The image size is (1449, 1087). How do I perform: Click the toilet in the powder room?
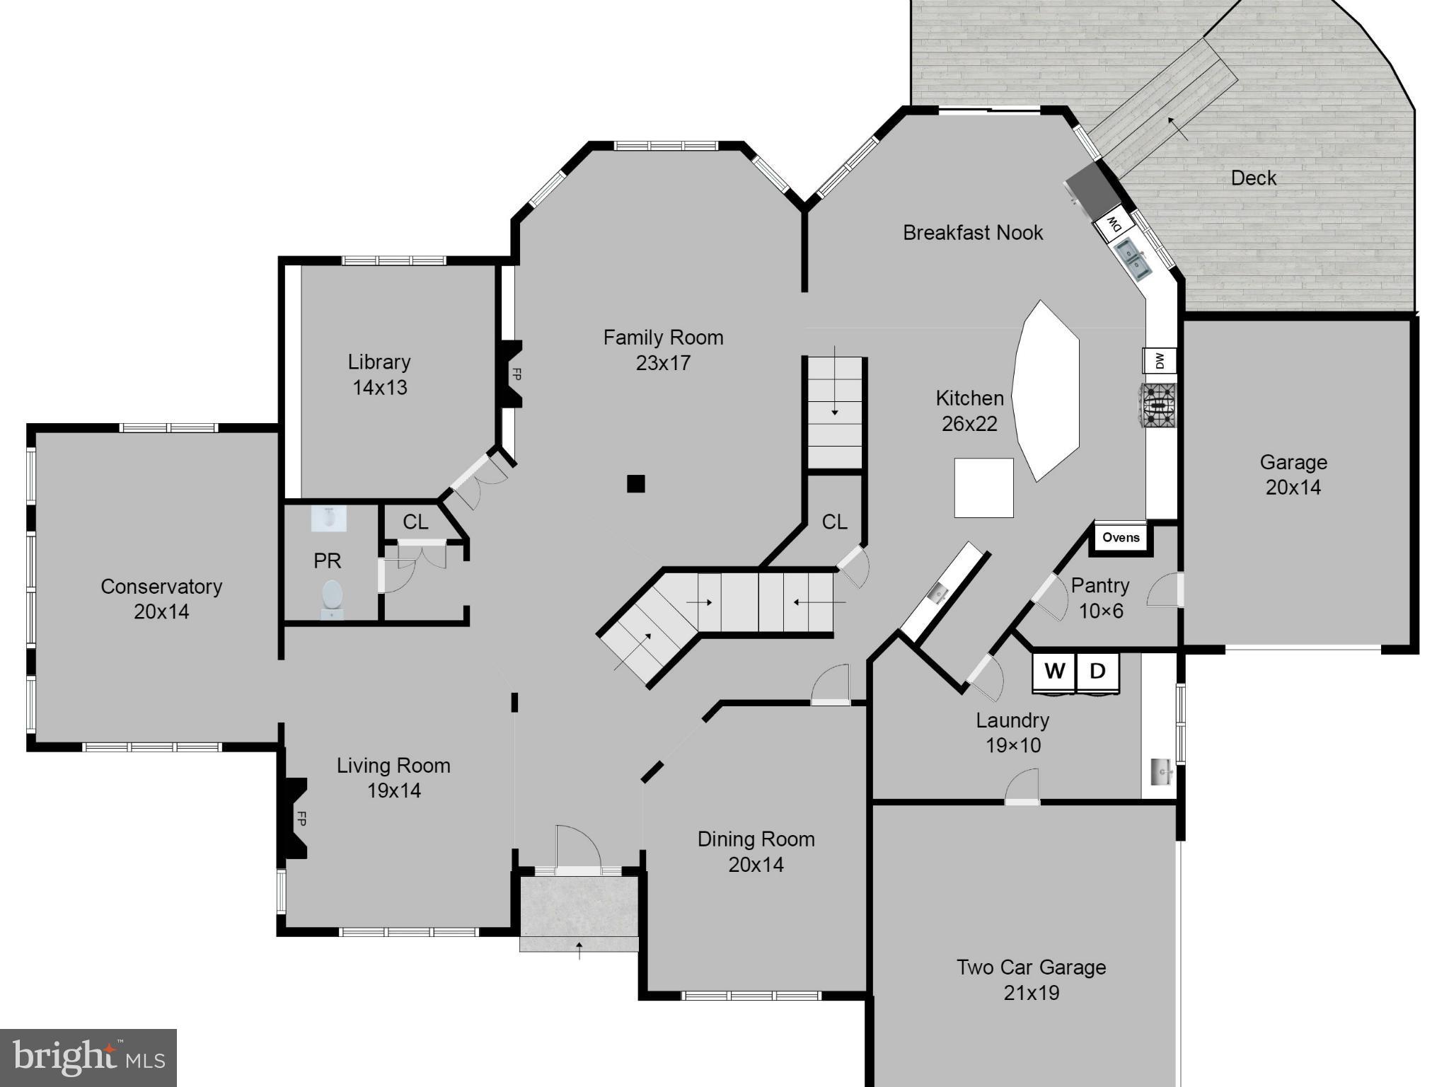(332, 596)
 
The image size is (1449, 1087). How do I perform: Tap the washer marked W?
(1054, 672)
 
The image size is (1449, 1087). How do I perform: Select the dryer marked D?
(1097, 672)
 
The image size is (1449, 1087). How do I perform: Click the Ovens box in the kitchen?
(1121, 538)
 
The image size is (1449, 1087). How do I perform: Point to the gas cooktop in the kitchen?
(1158, 406)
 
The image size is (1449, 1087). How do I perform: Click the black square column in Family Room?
(635, 484)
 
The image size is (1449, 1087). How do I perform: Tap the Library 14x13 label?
(379, 374)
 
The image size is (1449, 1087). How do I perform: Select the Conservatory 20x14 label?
(161, 599)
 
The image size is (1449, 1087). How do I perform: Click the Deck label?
(1253, 178)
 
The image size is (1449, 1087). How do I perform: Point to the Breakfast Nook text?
(973, 233)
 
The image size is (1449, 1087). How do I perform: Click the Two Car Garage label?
(1031, 979)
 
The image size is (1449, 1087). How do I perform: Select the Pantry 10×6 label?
(1099, 598)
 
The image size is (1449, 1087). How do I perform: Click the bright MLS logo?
(88, 1058)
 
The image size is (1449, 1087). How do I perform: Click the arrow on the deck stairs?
(1177, 128)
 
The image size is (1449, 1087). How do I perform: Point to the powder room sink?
(329, 519)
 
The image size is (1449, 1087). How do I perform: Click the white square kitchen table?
(983, 488)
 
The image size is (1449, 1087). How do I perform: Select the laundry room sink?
(1160, 771)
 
